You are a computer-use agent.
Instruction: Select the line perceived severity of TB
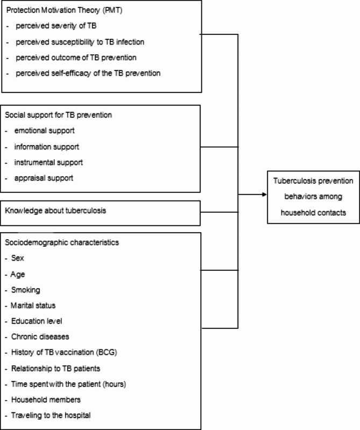[x=56, y=26]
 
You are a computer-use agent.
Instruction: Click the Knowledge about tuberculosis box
[x=55, y=210]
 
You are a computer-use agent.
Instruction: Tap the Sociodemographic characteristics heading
[x=61, y=242]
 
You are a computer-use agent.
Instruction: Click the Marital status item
[x=33, y=305]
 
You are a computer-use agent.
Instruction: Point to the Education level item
[x=37, y=321]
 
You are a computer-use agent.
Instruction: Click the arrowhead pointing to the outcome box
[x=262, y=194]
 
